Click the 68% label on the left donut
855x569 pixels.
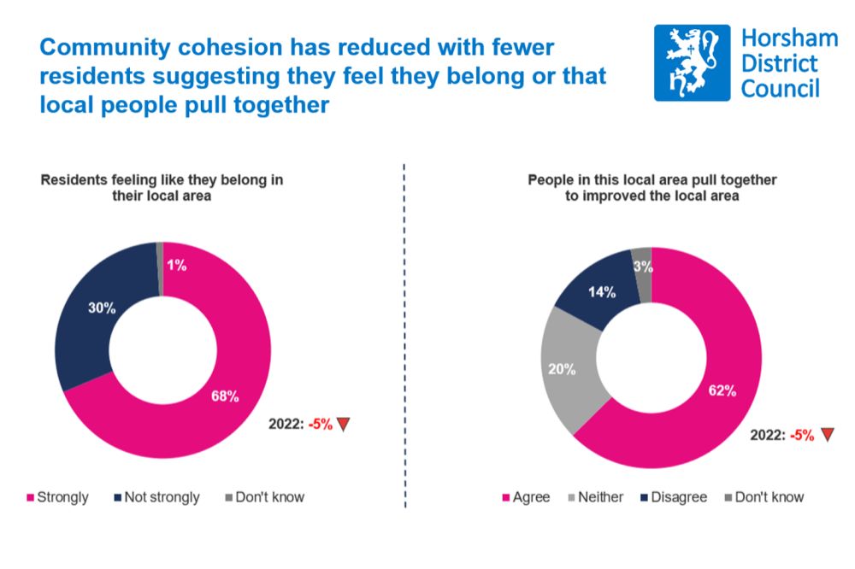226,396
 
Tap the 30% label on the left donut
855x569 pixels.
102,308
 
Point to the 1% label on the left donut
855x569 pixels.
176,266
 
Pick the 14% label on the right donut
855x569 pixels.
601,292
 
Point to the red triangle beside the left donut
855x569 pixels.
343,424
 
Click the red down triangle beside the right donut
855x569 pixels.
826,435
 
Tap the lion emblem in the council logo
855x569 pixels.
692,62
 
